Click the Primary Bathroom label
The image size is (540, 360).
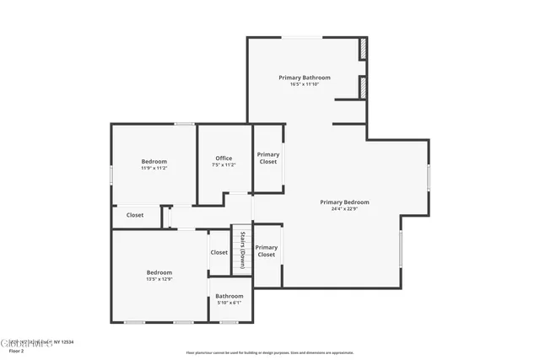(305, 78)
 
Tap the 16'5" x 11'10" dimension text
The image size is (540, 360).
(305, 84)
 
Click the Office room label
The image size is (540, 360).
(224, 159)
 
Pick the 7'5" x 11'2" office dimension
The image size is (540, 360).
(224, 165)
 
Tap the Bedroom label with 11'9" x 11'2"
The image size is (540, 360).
(154, 162)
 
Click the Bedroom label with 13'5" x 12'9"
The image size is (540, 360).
(159, 272)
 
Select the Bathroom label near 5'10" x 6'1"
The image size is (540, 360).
(229, 296)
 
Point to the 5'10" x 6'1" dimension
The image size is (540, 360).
(229, 303)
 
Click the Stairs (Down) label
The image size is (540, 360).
(242, 250)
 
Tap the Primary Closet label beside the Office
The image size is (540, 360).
(268, 158)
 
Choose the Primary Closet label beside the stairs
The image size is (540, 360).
(267, 250)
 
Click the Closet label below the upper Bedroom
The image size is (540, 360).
(135, 215)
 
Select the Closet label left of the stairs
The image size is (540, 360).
(219, 252)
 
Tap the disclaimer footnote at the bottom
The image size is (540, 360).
(269, 352)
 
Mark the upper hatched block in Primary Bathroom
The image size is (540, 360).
(363, 48)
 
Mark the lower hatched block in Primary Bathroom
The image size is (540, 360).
(363, 87)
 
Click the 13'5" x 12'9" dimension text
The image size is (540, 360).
(159, 279)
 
